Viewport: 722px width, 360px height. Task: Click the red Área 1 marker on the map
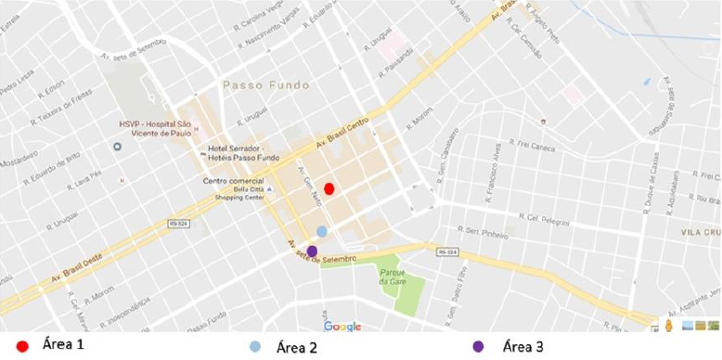pyautogui.click(x=329, y=189)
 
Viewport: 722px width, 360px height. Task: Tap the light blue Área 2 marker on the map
pyautogui.click(x=322, y=231)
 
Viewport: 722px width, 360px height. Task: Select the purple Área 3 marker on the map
pyautogui.click(x=313, y=251)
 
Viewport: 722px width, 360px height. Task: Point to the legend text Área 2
pyautogui.click(x=300, y=348)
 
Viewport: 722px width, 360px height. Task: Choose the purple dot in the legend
pyautogui.click(x=478, y=347)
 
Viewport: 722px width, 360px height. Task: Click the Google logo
pyautogui.click(x=342, y=327)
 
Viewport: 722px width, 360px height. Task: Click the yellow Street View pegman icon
pyautogui.click(x=667, y=326)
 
